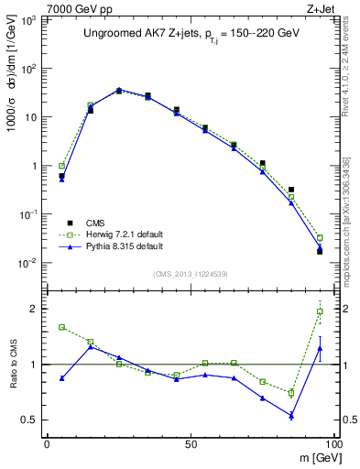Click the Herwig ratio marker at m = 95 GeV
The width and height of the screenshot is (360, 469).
[320, 311]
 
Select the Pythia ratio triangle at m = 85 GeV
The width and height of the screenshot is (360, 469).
[291, 416]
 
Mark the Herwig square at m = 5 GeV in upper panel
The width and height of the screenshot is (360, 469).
[61, 166]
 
